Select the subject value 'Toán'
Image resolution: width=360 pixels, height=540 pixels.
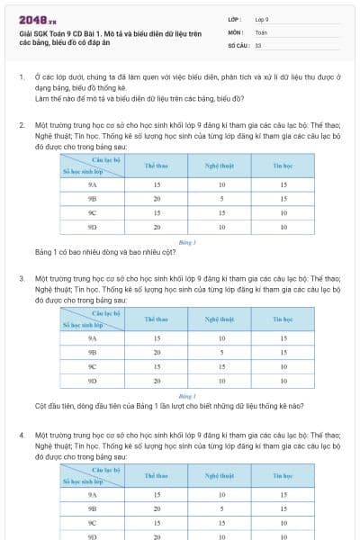click(x=261, y=31)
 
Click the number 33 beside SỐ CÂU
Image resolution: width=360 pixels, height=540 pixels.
click(x=258, y=44)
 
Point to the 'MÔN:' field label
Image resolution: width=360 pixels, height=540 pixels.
click(x=235, y=31)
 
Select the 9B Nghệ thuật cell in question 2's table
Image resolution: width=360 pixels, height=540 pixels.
click(x=220, y=199)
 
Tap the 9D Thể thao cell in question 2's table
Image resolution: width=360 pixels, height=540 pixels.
click(x=157, y=228)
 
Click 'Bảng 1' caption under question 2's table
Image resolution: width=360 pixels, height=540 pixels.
click(x=187, y=242)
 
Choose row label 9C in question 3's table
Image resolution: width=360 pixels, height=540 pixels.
click(x=92, y=367)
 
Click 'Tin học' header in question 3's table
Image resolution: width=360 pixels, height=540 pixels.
click(x=283, y=319)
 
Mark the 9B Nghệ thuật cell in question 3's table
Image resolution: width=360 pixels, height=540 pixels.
click(x=220, y=352)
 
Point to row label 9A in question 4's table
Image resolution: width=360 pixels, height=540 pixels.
click(x=92, y=494)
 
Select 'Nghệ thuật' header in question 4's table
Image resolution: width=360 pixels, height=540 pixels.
click(x=220, y=476)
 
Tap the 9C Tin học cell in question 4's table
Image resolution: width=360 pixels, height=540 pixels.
click(x=283, y=523)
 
